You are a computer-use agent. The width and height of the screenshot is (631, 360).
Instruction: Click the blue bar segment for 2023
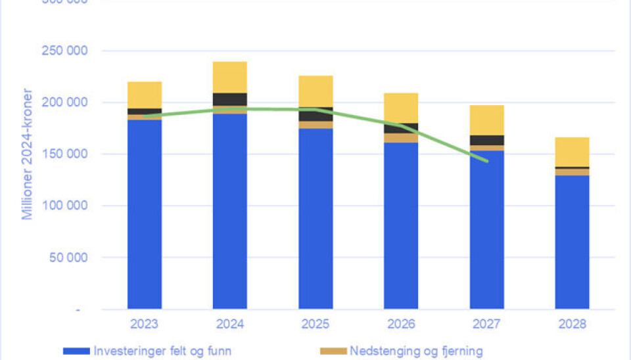click(145, 214)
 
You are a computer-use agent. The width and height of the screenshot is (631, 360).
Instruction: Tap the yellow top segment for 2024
click(230, 78)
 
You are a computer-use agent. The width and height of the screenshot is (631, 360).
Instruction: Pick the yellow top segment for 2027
click(486, 120)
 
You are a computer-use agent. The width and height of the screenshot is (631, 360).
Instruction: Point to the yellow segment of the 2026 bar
click(401, 108)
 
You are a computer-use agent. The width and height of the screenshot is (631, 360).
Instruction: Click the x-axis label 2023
click(145, 324)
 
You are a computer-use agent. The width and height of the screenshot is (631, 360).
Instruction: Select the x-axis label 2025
click(315, 324)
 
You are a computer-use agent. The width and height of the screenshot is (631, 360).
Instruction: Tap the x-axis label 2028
click(572, 324)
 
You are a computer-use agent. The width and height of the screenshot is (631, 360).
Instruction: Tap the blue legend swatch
click(76, 351)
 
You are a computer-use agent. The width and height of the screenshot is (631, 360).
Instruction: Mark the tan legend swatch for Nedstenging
click(333, 351)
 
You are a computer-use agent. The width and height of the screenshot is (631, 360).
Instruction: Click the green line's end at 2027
click(487, 161)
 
